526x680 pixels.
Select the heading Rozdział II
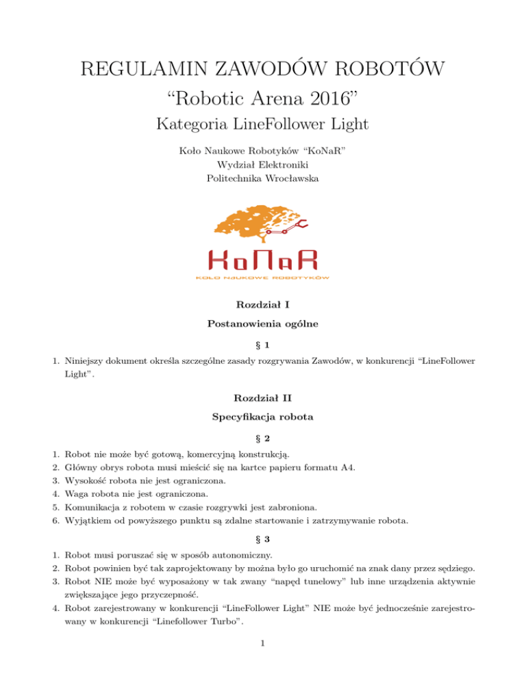point(262,397)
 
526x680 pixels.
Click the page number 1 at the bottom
point(262,662)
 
